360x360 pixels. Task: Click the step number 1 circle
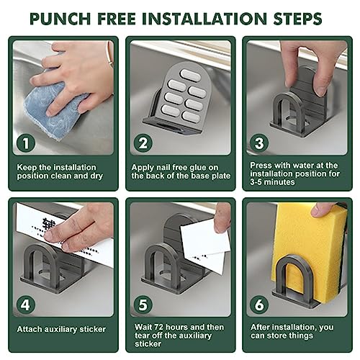pyautogui.click(x=26, y=143)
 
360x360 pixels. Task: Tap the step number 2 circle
pyautogui.click(x=143, y=143)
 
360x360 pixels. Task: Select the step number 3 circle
pyautogui.click(x=259, y=143)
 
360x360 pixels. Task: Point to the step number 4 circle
pyautogui.click(x=26, y=305)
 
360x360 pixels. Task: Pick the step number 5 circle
pyautogui.click(x=143, y=305)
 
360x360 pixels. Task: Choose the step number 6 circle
pyautogui.click(x=259, y=305)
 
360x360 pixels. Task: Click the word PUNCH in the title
pyautogui.click(x=60, y=19)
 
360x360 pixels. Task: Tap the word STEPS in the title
pyautogui.click(x=297, y=19)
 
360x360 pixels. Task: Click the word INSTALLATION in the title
pyautogui.click(x=204, y=19)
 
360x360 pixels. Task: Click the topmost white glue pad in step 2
pyautogui.click(x=190, y=76)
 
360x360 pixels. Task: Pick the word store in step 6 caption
pyautogui.click(x=279, y=336)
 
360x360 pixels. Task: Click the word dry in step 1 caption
pyautogui.click(x=96, y=176)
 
